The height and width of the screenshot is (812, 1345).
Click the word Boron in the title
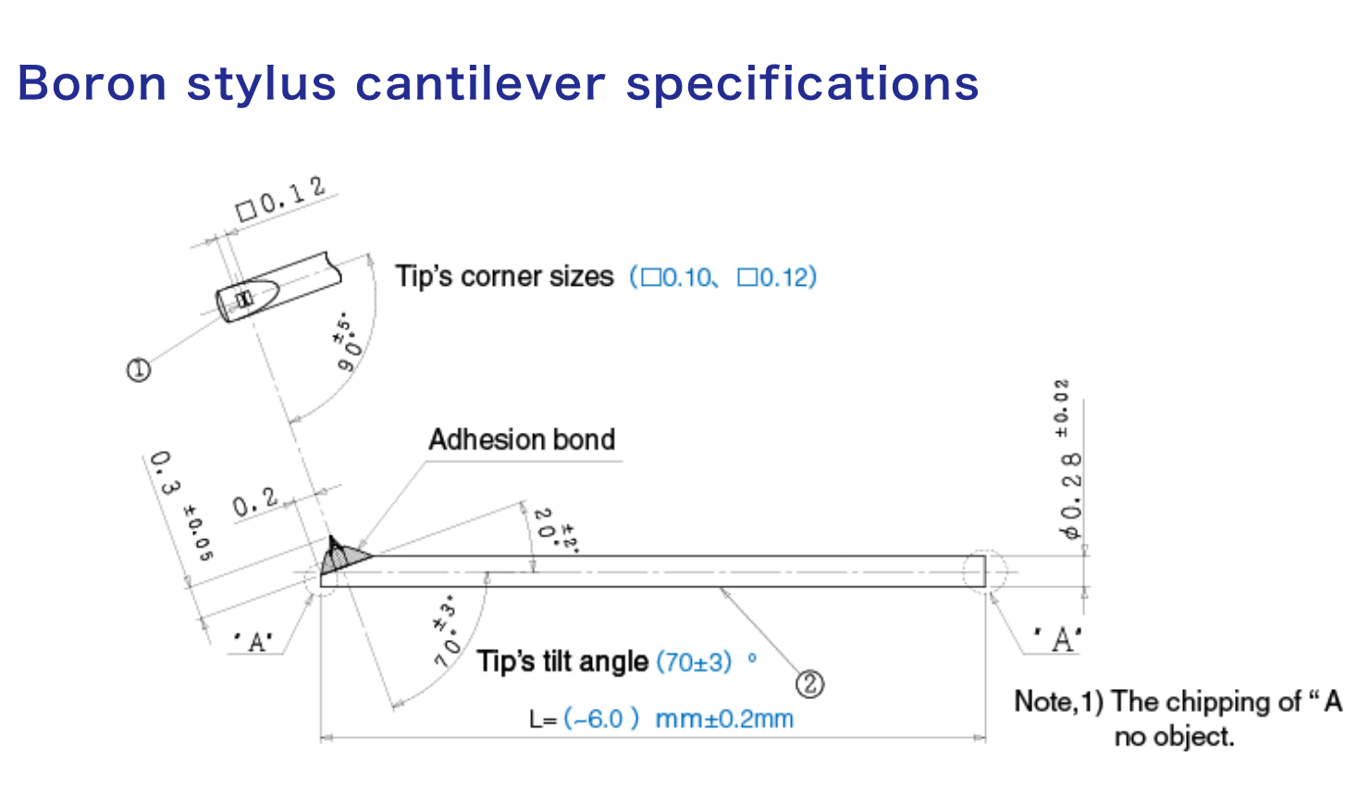click(92, 83)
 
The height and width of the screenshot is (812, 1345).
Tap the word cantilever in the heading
click(480, 83)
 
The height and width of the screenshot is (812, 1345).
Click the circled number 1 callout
click(138, 370)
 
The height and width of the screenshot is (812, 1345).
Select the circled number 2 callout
click(809, 683)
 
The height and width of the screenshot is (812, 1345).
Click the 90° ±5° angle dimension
click(350, 342)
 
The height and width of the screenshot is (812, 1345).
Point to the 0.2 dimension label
click(254, 502)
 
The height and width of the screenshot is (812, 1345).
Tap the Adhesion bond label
click(522, 439)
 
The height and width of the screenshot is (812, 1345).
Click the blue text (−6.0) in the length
click(600, 719)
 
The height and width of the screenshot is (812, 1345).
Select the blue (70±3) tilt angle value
click(694, 661)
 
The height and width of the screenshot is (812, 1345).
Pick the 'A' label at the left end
click(253, 641)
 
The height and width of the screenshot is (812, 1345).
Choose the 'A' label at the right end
click(1057, 639)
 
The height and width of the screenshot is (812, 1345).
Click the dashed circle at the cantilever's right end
click(984, 571)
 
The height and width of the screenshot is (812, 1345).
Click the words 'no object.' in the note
click(1173, 737)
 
